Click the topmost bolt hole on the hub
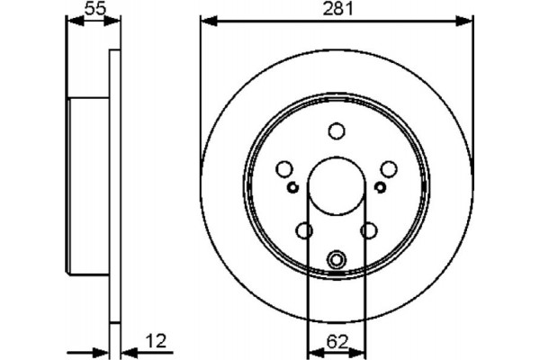337,132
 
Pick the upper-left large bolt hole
283,169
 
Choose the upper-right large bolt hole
389,169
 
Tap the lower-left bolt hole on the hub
304,231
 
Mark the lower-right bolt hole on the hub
368,231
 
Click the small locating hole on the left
292,187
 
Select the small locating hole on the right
380,187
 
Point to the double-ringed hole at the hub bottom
337,260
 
